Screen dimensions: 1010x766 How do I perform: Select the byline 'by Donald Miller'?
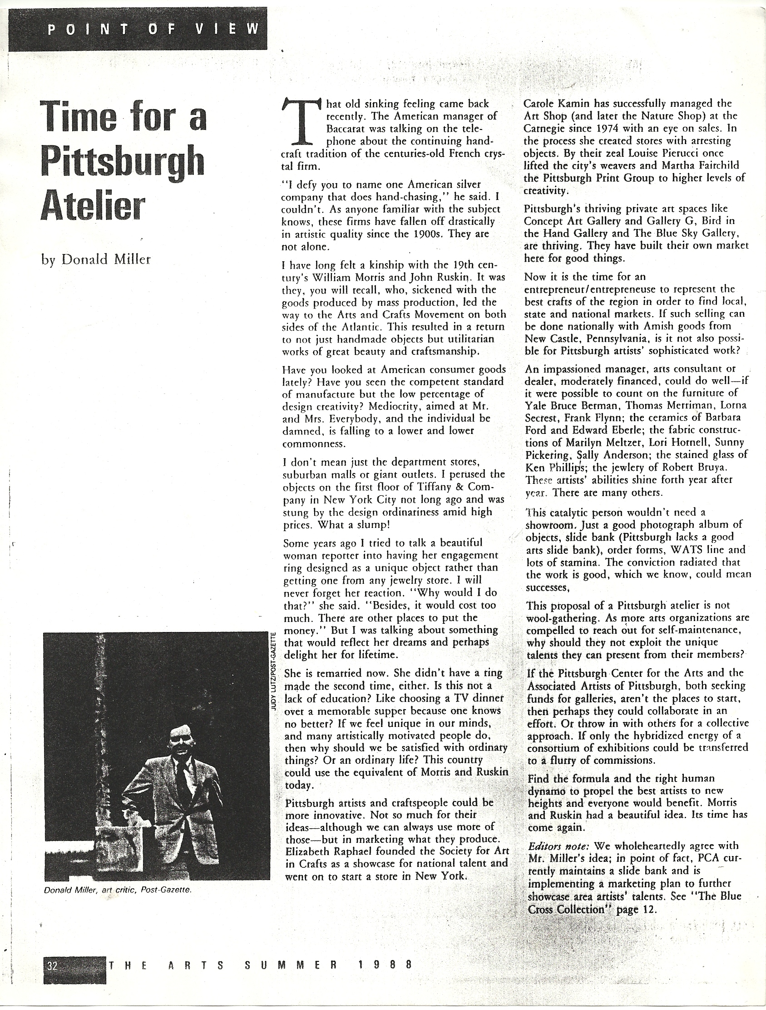pos(96,259)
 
